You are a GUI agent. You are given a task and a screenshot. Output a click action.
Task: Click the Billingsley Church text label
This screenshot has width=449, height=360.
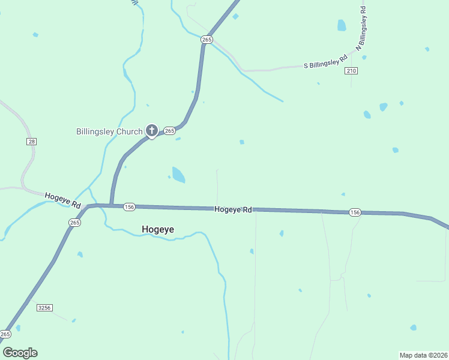tap(109, 131)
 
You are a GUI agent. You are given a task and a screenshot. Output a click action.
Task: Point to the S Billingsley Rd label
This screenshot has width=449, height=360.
tap(326, 61)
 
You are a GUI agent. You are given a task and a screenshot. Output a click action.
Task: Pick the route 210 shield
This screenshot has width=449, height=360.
tap(352, 71)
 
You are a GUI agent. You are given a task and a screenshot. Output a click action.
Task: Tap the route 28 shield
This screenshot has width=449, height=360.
tap(32, 141)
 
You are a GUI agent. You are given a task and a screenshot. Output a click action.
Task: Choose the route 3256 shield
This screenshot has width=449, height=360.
tap(44, 308)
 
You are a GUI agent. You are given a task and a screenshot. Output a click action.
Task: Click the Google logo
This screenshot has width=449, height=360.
tap(20, 353)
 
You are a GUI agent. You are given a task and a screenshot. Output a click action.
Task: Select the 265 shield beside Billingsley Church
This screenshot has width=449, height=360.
tap(169, 130)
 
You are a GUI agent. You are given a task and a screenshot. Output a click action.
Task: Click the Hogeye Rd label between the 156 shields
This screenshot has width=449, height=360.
tap(234, 209)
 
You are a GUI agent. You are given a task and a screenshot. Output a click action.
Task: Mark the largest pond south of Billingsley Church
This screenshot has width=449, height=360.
tap(178, 175)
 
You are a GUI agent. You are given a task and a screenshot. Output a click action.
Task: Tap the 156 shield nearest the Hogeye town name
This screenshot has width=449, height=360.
tap(129, 207)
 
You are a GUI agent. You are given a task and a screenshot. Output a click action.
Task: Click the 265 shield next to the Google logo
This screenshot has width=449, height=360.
tap(5, 334)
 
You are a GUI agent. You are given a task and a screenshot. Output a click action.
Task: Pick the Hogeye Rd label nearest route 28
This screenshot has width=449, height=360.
tap(62, 200)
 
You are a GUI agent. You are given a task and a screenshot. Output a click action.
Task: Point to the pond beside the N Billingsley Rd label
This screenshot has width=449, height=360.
tap(342, 25)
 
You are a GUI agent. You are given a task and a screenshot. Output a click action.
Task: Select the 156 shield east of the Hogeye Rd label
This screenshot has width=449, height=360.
tap(355, 212)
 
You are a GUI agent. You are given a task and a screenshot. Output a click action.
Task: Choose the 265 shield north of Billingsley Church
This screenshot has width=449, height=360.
tap(206, 40)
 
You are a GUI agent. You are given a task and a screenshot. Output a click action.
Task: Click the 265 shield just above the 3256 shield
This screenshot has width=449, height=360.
tap(74, 223)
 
